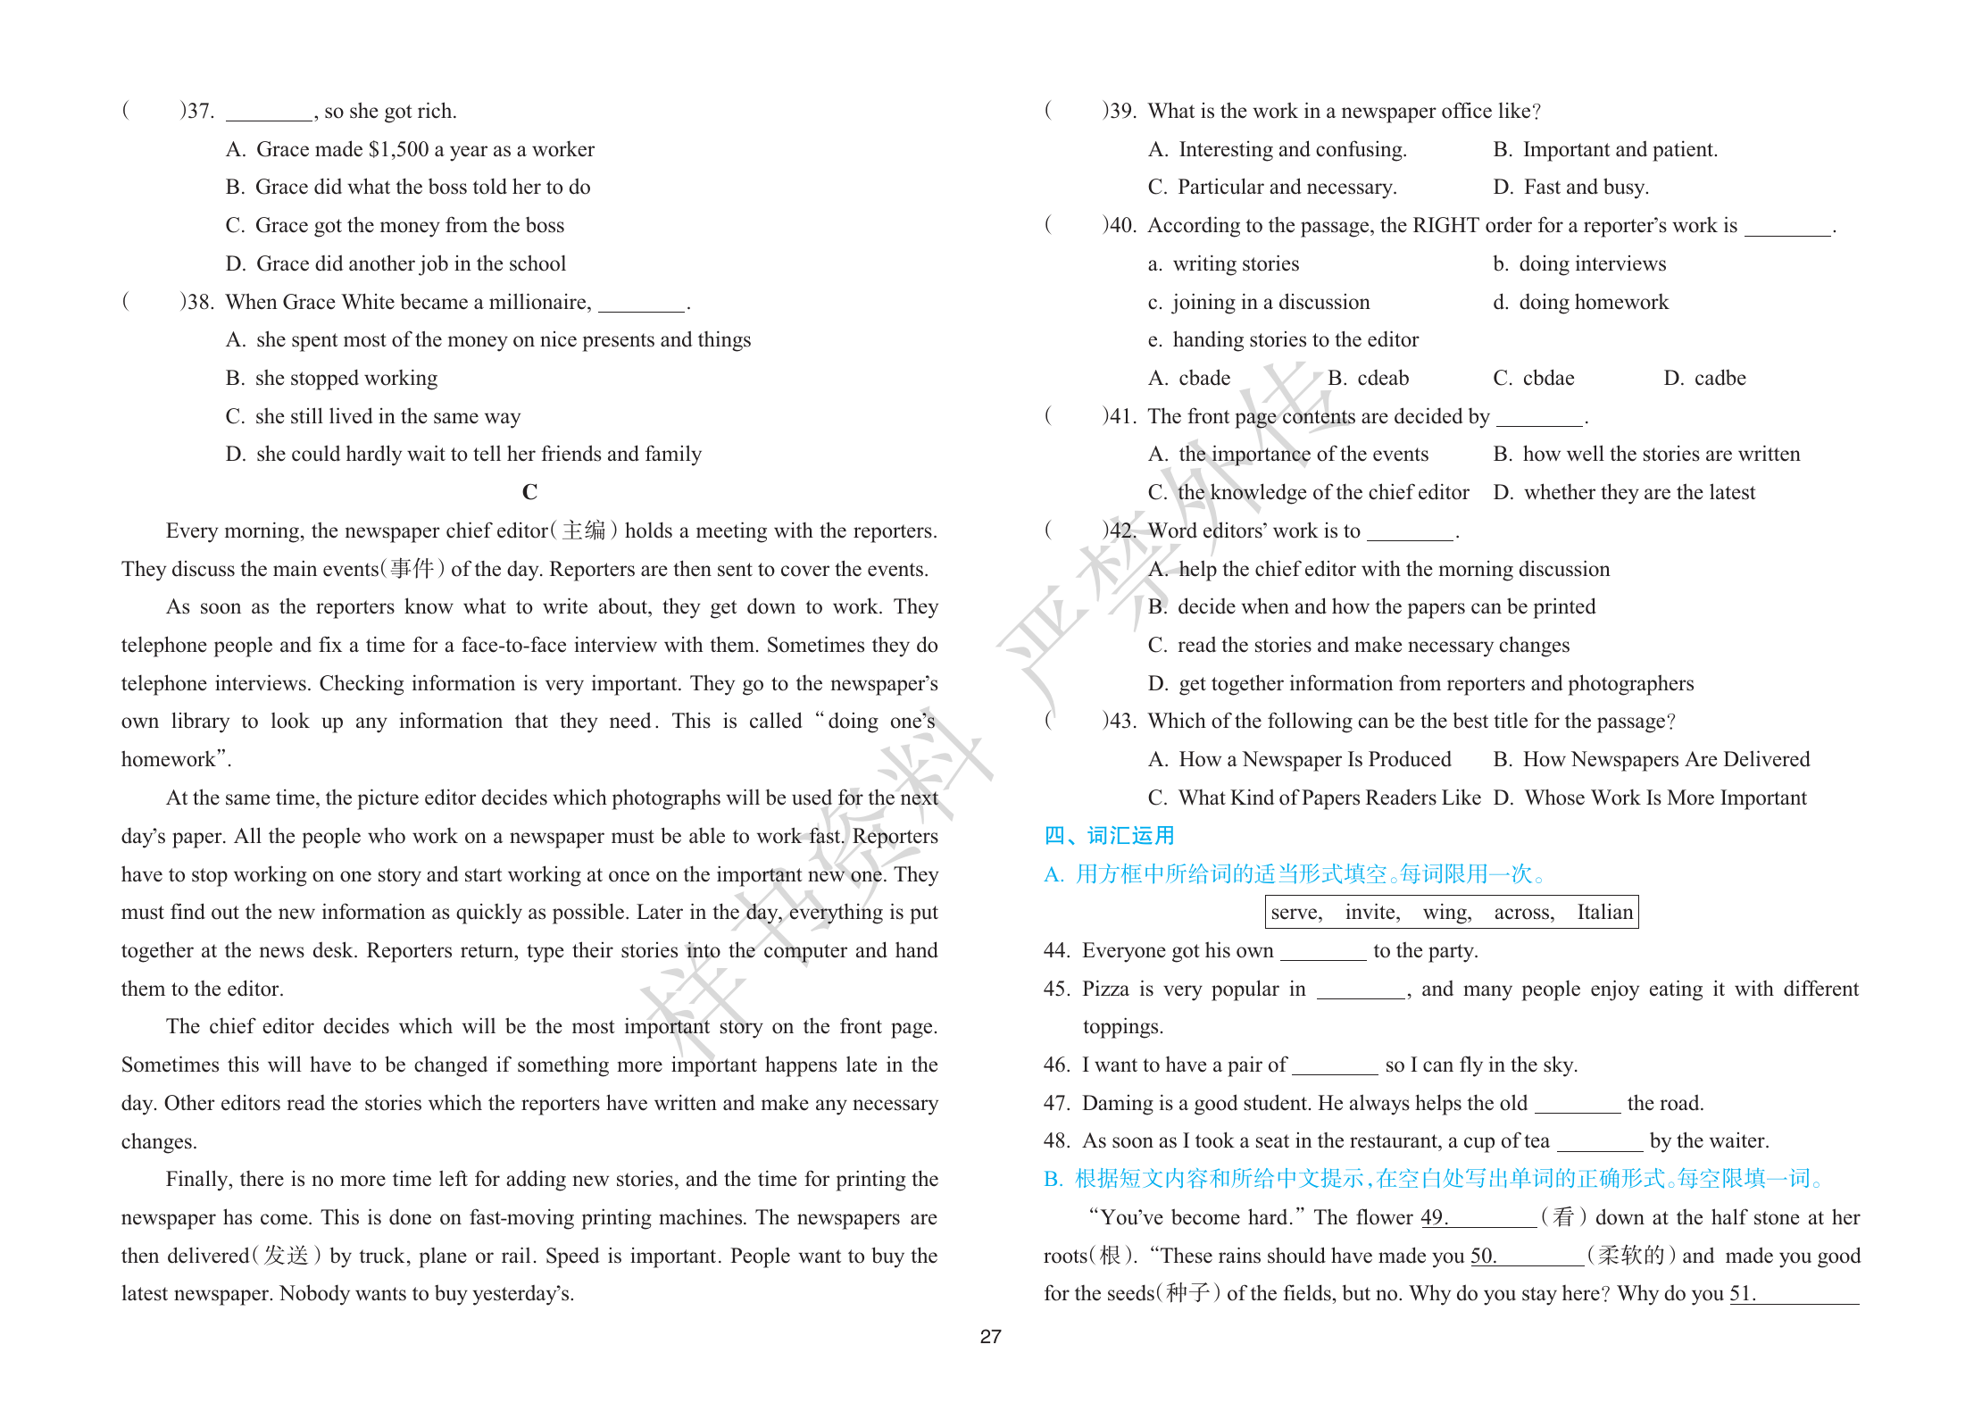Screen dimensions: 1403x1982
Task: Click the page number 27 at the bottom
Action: coord(990,1336)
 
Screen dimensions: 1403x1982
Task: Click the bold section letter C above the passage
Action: coord(529,492)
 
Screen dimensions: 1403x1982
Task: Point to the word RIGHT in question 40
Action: coord(1445,225)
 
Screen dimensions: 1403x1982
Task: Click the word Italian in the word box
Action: coord(1604,912)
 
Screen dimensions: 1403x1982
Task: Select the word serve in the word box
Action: coord(1295,912)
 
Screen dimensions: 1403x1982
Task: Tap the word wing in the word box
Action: coord(1446,912)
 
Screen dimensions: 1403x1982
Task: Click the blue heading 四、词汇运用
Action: coord(1109,835)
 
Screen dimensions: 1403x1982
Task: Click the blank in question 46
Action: coord(1335,1065)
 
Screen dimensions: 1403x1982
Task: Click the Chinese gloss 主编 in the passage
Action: coord(584,530)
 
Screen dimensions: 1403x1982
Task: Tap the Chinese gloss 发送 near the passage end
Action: coord(286,1256)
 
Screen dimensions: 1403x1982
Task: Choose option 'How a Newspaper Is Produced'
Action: coord(1314,759)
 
